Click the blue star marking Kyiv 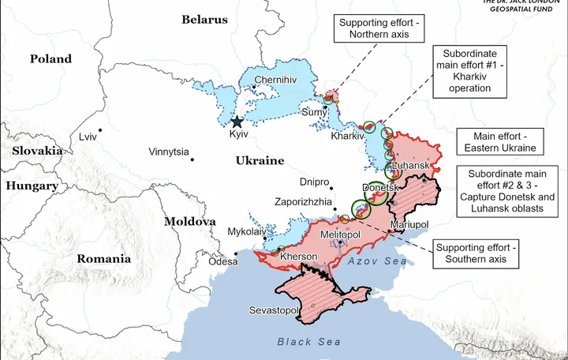pos(237,122)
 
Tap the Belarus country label pos(204,20)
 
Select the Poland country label pos(50,58)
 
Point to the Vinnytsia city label pos(169,152)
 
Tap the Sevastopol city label pos(274,310)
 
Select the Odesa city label pos(222,261)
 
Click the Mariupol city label pos(409,225)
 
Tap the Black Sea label pos(309,342)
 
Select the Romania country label pos(103,258)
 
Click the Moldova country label pos(189,222)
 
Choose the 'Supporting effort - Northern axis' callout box pos(380,29)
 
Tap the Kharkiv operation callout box pos(472,70)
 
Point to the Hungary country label pos(32,186)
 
